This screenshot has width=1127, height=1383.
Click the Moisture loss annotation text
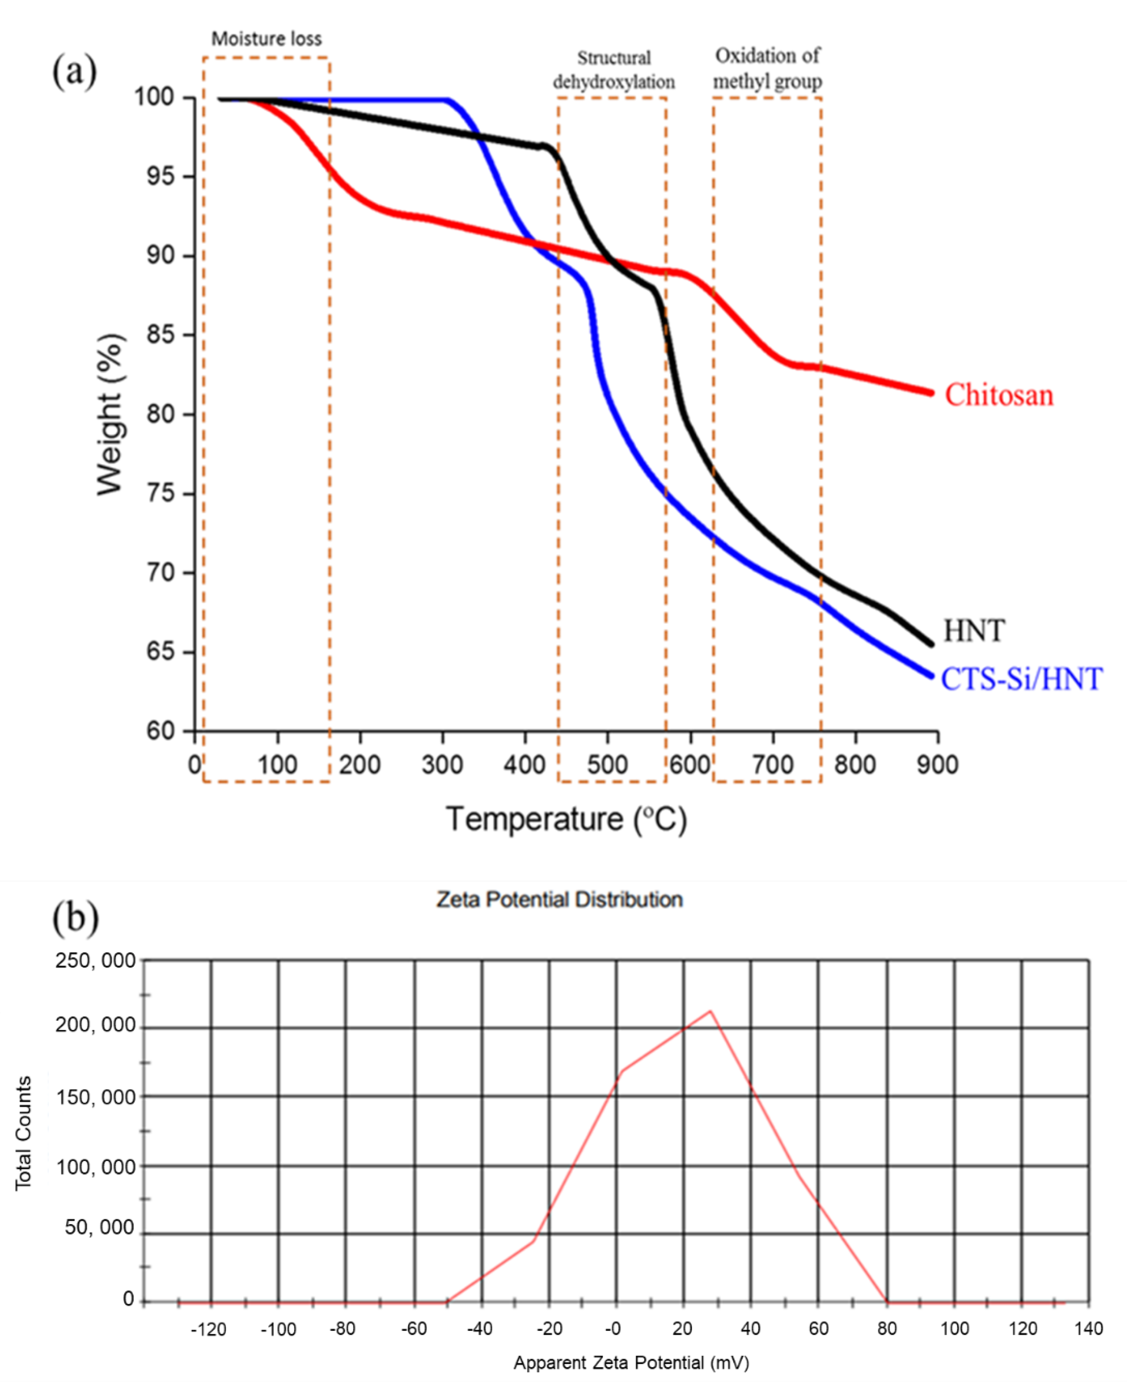(266, 39)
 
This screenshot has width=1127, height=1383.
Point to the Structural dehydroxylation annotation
(614, 70)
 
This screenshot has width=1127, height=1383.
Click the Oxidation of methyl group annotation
(767, 68)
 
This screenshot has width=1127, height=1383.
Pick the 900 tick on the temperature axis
(937, 765)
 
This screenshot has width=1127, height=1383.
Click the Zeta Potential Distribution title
(559, 900)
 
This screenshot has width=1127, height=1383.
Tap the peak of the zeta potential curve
(711, 1011)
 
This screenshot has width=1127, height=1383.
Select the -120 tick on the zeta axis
(208, 1329)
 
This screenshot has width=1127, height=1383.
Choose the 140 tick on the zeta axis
(1089, 1329)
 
